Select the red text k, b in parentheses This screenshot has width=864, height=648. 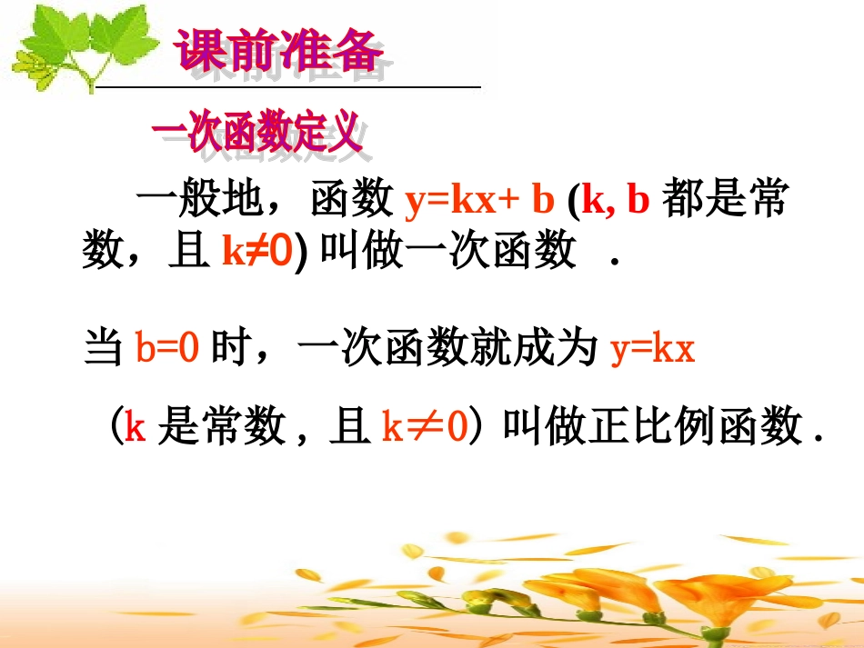click(617, 202)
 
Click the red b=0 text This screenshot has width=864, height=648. click(166, 349)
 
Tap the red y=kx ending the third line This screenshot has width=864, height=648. click(653, 349)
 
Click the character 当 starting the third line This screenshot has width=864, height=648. click(103, 349)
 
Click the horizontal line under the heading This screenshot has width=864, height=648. click(288, 87)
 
